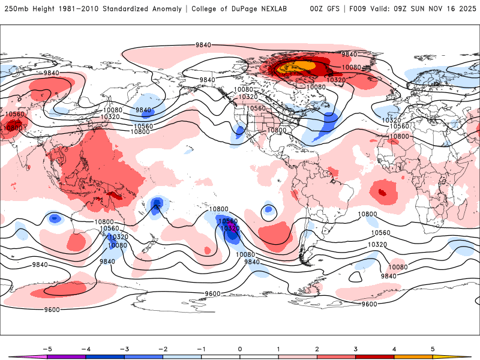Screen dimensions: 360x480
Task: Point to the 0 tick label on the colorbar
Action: (x=239, y=349)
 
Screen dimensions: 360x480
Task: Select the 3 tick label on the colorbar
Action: (x=356, y=349)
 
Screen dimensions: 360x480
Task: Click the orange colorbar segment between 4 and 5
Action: (x=413, y=357)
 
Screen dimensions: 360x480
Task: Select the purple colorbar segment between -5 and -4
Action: (x=66, y=357)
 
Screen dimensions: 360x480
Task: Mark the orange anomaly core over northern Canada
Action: (x=302, y=65)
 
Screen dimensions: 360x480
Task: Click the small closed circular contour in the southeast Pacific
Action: (x=268, y=211)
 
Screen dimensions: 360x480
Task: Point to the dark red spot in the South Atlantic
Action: (x=382, y=193)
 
